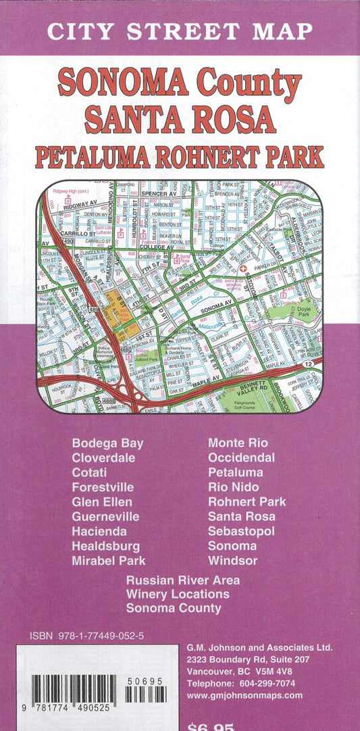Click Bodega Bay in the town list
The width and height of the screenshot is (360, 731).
[107, 443]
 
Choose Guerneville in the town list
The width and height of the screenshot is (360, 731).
[105, 517]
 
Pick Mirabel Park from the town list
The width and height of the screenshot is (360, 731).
[108, 561]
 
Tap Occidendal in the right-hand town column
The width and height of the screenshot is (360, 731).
[241, 458]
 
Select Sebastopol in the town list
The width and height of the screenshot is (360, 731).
[241, 532]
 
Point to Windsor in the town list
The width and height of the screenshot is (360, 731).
[232, 561]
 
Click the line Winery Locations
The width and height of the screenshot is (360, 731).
[178, 595]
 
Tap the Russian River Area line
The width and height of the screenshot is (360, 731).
[182, 580]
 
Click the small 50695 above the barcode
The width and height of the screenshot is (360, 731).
[146, 682]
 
